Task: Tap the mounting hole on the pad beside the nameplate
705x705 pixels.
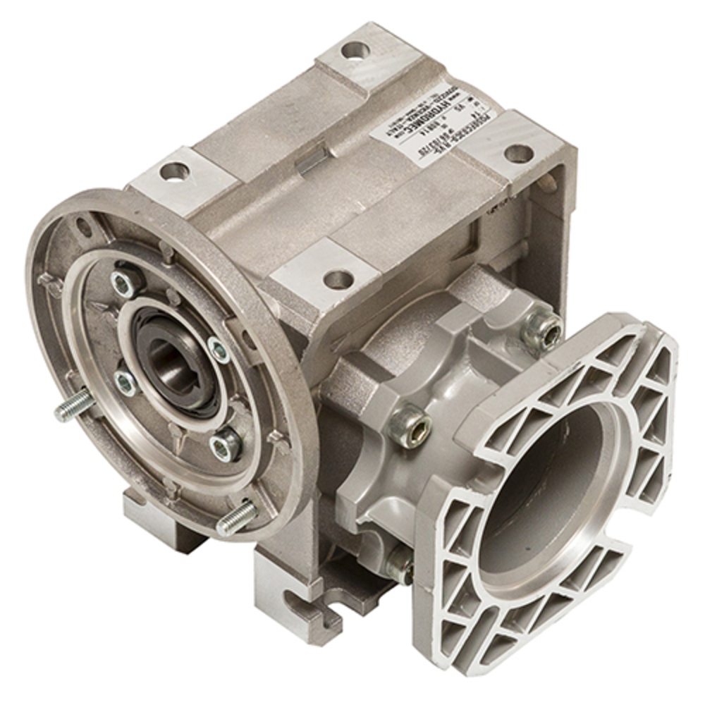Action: [519, 152]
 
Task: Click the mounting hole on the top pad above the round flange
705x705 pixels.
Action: [172, 170]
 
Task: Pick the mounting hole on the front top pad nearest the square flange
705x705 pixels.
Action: [337, 278]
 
